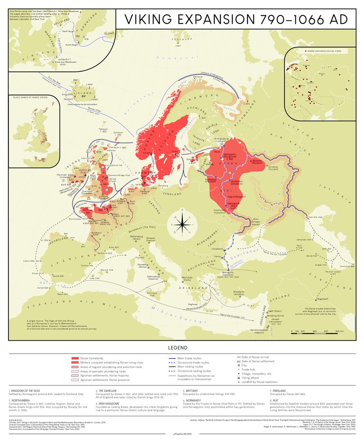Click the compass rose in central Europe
coord(180,224)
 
